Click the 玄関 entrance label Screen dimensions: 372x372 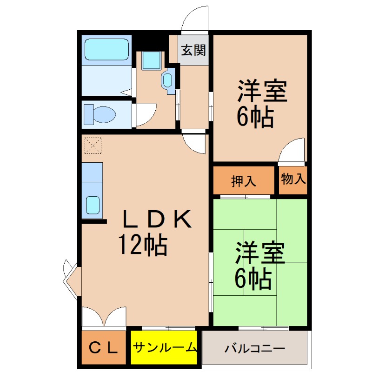tap(193, 50)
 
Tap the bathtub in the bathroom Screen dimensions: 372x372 tap(106, 50)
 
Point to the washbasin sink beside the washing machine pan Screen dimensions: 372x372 tap(168, 80)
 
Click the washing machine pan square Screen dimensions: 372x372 tap(151, 60)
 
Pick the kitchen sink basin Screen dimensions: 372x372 tap(93, 205)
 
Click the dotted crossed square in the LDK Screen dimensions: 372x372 tap(93, 146)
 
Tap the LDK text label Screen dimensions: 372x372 tap(157, 219)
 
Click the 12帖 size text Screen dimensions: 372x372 tap(143, 245)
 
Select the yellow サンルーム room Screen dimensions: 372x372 tap(164, 347)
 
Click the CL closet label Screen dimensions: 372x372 tap(103, 348)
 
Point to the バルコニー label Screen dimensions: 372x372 tap(254, 348)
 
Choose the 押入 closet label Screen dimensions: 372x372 tap(244, 181)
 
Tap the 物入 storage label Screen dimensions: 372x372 tap(293, 179)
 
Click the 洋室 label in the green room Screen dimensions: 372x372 tap(260, 252)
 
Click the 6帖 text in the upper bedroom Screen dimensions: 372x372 tap(255, 117)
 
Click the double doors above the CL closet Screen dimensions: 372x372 tap(104, 317)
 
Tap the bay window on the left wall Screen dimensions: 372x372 tap(71, 280)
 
